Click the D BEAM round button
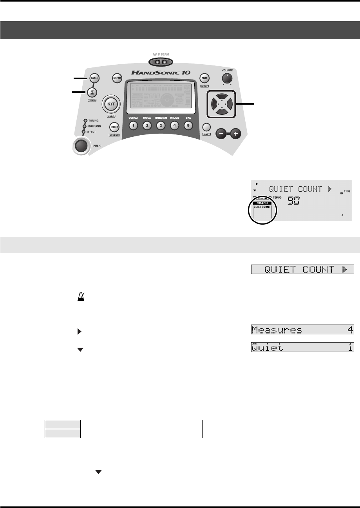(116, 78)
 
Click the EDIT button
(204, 77)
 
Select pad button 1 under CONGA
(133, 126)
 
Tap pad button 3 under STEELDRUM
(161, 126)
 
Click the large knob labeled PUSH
(81, 146)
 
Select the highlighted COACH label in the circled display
(262, 203)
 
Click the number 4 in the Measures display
(349, 330)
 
